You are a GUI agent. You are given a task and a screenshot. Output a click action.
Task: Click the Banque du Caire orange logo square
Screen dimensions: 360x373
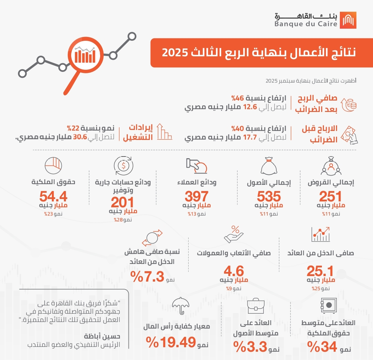point(348,20)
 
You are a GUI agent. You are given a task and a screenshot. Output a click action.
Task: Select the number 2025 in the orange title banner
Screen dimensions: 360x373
point(175,53)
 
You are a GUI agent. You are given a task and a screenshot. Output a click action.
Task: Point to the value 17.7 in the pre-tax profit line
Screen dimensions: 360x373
point(250,138)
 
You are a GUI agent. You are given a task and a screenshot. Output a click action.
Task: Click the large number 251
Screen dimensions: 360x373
point(330,197)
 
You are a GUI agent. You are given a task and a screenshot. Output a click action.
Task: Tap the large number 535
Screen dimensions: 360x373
point(269,197)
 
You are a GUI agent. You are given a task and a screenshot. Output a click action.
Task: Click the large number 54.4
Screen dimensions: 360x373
point(53,197)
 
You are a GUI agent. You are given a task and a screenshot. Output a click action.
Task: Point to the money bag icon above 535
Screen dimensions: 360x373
point(269,166)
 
